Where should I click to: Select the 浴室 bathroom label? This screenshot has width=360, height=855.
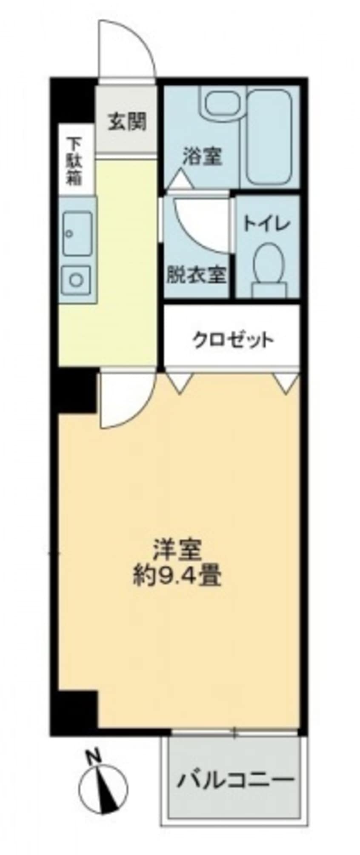pos(202,156)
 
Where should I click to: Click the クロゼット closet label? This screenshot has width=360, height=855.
pos(232,340)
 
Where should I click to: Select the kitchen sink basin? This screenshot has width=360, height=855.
pos(77,234)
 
